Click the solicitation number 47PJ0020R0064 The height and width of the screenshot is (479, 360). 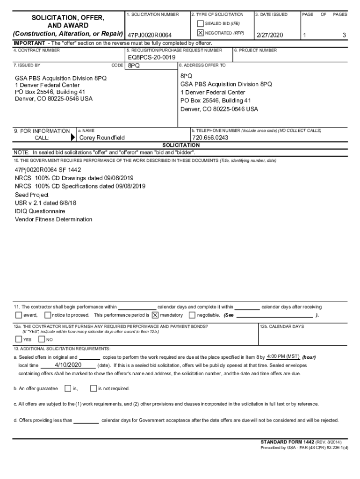coord(150,36)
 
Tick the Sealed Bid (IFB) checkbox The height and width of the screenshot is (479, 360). coord(201,23)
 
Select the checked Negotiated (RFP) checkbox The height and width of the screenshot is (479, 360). coord(201,33)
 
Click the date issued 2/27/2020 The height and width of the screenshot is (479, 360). coord(270,36)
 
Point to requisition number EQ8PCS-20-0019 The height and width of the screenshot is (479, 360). coord(151,57)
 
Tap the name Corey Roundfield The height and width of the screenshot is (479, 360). coord(102,138)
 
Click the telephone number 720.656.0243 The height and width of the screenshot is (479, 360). coord(210,138)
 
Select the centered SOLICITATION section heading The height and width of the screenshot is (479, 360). coord(180,145)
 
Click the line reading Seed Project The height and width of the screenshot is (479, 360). coord(31,195)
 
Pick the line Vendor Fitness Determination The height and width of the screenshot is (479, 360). coord(53,219)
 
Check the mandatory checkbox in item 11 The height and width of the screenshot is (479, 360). coord(155,315)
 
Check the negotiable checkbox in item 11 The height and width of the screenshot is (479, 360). coord(192,315)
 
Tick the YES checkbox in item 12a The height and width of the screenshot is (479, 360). coord(18,339)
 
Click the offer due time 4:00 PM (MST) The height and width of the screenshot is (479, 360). coord(283,356)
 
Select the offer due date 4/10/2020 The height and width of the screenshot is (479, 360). coord(68,365)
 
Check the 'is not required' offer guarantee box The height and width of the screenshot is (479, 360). coord(94,388)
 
